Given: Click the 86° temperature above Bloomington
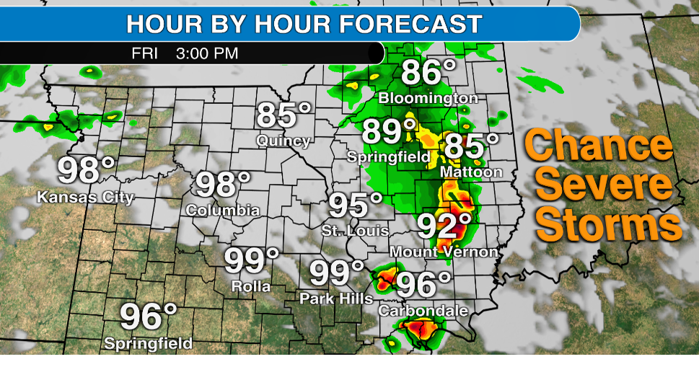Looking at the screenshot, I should [x=428, y=73].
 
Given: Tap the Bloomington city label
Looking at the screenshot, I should [x=428, y=97].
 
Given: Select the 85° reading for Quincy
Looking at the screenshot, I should [x=284, y=116].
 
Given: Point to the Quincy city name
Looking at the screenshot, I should [x=284, y=141].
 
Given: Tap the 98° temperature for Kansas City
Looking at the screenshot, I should [x=87, y=170].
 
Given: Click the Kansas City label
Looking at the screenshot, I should [x=85, y=197].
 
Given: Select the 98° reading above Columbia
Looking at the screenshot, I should [x=223, y=185].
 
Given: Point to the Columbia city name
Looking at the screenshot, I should [x=223, y=211].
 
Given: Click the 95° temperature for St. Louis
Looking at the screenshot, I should [x=356, y=205].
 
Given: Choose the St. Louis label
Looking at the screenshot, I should [x=356, y=231].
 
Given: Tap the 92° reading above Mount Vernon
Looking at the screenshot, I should [x=445, y=226].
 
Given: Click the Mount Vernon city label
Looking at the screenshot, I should [x=444, y=252].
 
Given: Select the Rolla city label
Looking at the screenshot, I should [x=251, y=286].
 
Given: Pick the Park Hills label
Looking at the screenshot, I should [x=337, y=299].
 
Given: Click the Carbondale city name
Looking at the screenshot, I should [x=423, y=311].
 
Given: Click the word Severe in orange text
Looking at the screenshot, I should [x=604, y=186].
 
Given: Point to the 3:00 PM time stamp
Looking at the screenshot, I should [x=207, y=53].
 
